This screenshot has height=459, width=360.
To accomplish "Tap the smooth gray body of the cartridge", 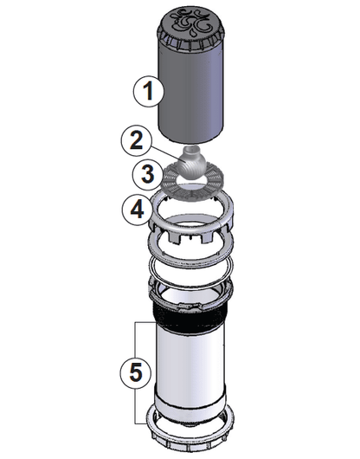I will click(x=193, y=91).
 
